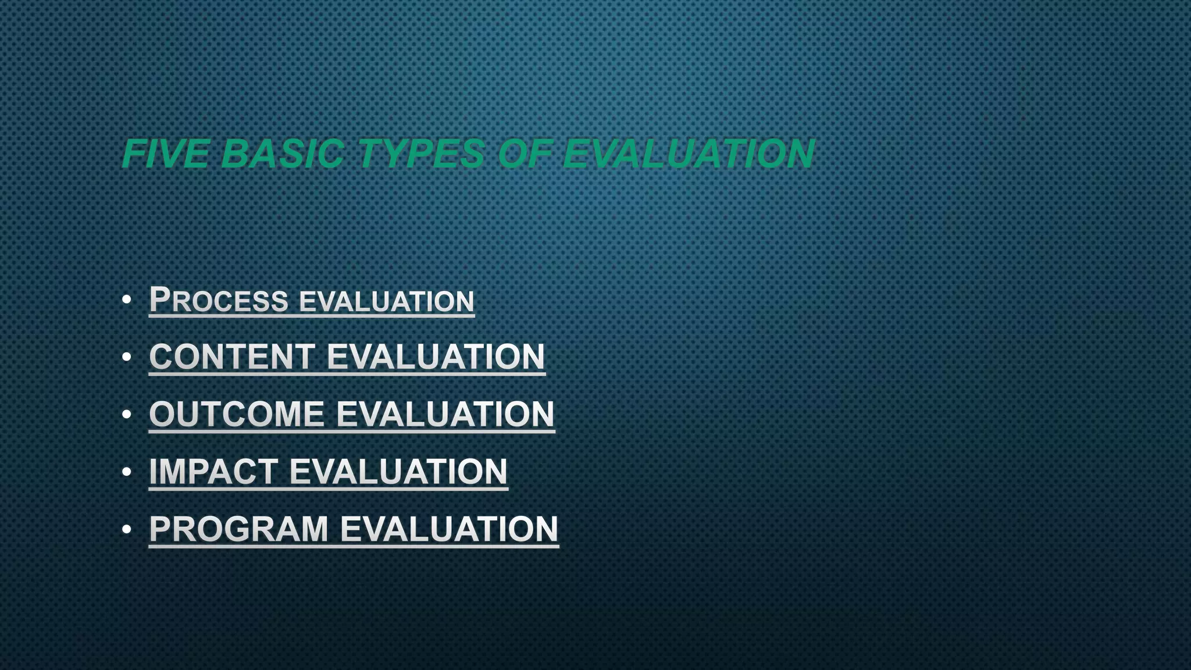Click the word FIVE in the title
point(166,154)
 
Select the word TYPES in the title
point(421,154)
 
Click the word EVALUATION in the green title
point(689,154)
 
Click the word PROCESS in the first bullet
point(219,300)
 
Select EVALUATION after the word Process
point(387,301)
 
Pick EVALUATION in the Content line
point(436,357)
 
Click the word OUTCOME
point(237,414)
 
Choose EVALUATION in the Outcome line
point(445,414)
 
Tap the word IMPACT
point(213,471)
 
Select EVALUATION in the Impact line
point(398,471)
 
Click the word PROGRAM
point(239,529)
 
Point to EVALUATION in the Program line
point(449,529)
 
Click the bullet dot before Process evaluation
point(127,300)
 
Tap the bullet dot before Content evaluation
point(127,357)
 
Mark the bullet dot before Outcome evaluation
point(127,415)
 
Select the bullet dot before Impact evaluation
point(127,472)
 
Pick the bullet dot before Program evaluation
point(127,529)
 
